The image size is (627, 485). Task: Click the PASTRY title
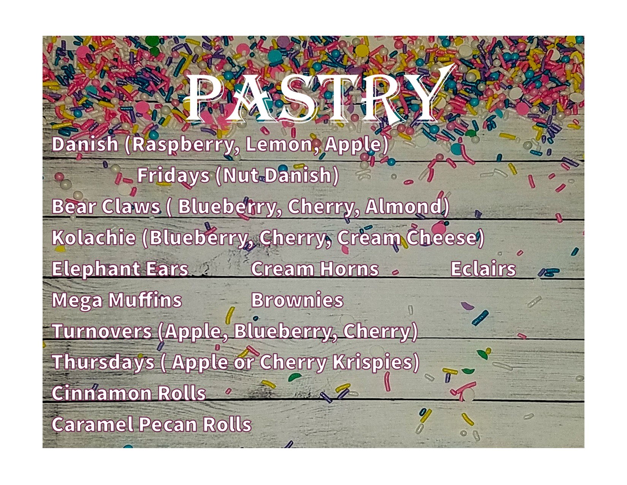319,96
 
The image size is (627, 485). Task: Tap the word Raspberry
182,145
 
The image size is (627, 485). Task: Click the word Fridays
173,176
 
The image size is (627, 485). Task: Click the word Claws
131,207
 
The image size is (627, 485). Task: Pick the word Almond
404,207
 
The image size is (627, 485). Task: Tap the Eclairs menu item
483,269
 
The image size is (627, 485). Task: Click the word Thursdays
103,363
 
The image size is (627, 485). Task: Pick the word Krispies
372,363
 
